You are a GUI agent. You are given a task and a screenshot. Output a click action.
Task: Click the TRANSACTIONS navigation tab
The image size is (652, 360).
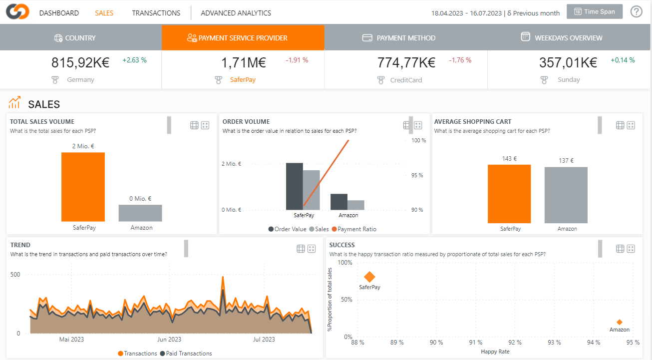tap(156, 13)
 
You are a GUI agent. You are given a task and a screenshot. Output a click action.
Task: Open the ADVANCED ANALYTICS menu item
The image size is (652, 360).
tap(236, 13)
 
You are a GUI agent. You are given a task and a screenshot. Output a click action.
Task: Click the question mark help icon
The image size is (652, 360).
tap(637, 12)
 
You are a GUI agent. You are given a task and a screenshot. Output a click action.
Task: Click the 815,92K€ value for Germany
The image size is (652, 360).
tap(80, 62)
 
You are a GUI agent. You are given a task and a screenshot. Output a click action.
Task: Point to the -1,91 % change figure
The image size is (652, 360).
tap(297, 60)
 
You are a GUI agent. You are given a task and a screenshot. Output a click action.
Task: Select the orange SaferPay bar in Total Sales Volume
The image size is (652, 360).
tap(83, 187)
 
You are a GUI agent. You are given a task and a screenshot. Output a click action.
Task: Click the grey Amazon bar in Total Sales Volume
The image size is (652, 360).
tap(140, 213)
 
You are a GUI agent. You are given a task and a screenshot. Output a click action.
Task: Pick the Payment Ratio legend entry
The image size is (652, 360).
tap(354, 229)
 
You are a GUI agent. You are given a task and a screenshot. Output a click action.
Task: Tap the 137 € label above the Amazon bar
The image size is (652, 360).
tap(566, 161)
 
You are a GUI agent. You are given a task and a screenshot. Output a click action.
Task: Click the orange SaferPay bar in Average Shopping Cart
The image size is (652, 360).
tap(509, 194)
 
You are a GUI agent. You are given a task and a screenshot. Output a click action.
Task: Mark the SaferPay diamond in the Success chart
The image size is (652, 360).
tap(369, 277)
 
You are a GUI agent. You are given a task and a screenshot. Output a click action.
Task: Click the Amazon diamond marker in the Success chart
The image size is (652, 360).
tap(620, 322)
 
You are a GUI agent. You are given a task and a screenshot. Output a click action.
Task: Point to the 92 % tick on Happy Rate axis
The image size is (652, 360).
tap(515, 343)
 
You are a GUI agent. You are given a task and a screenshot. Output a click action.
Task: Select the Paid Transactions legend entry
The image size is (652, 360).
tap(186, 354)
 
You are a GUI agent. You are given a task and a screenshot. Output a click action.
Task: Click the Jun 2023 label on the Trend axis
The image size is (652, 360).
tap(169, 340)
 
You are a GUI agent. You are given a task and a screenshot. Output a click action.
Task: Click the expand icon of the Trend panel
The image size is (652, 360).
tap(312, 249)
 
